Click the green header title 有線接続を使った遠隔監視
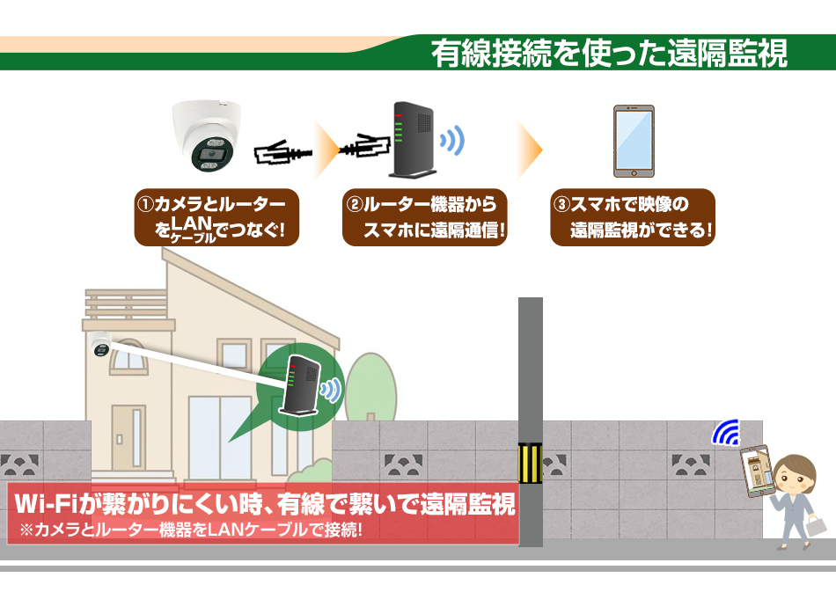pos(609,53)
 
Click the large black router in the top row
pos(413,140)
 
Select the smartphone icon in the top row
pos(634,142)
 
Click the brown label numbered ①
pos(216,217)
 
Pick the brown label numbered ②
pos(424,217)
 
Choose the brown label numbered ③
pos(633,217)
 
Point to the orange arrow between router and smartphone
pos(530,150)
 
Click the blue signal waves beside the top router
pos(452,141)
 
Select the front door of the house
pos(128,437)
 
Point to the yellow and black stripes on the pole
pos(530,463)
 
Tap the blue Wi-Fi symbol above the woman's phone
pos(726,432)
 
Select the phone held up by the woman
pos(757,471)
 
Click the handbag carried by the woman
pos(817,525)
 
